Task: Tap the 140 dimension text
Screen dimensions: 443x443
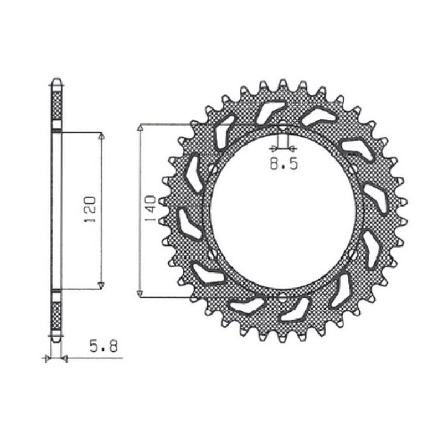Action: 149,210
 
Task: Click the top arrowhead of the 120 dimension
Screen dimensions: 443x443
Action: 101,136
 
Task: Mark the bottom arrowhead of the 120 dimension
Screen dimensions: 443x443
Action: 101,285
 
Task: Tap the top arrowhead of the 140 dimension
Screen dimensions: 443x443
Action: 141,128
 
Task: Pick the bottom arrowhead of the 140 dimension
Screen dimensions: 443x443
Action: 141,292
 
